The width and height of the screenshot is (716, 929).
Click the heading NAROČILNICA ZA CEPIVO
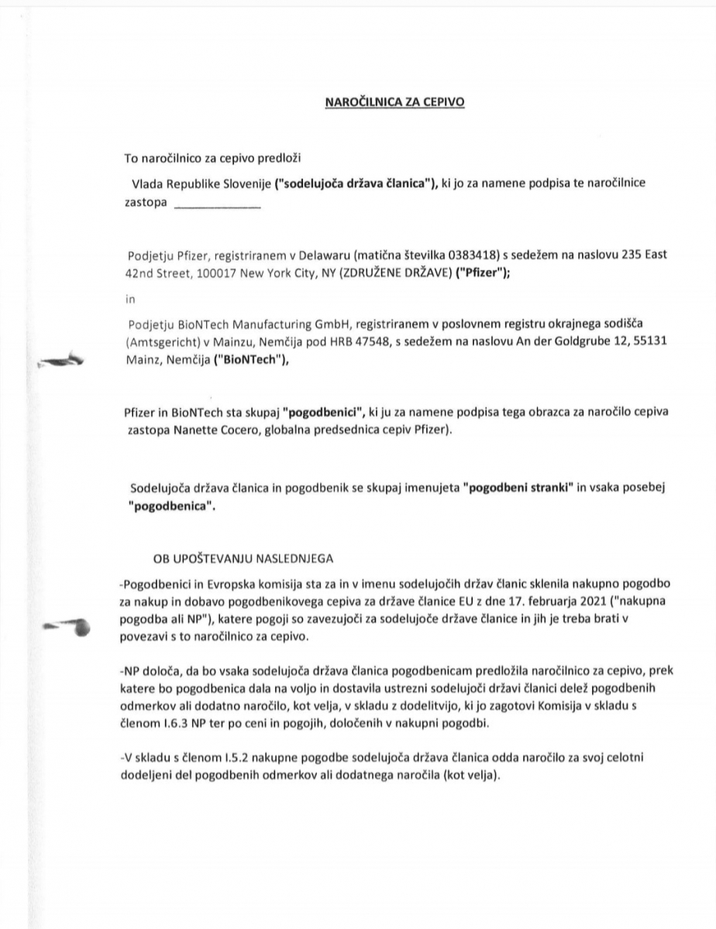click(x=394, y=101)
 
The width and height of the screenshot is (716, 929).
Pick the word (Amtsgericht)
click(x=162, y=341)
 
